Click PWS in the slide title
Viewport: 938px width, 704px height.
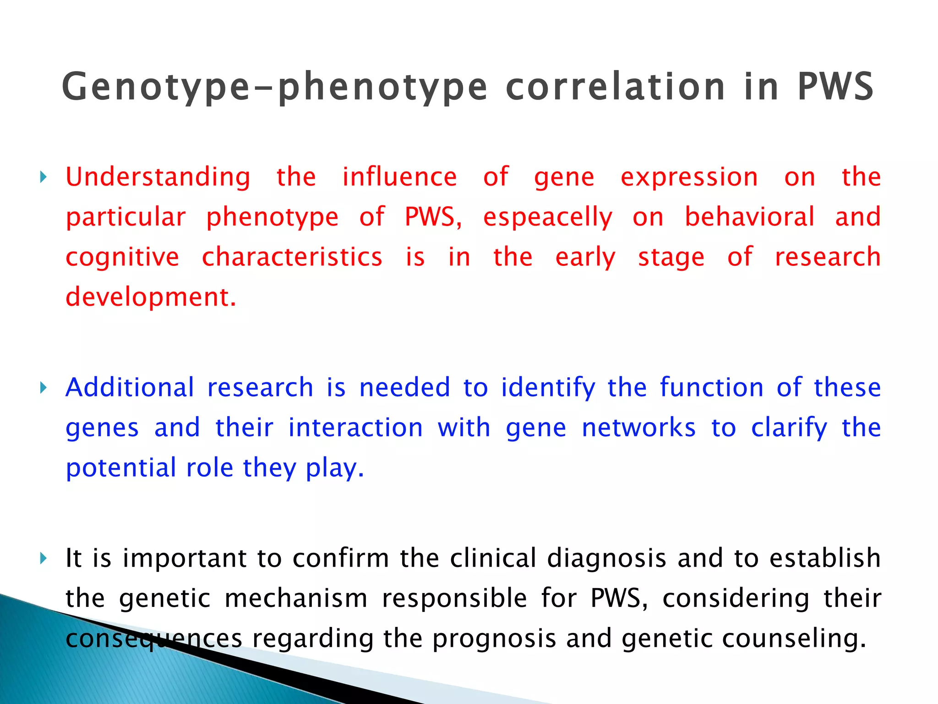(x=835, y=87)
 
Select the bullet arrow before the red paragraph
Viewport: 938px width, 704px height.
(x=43, y=177)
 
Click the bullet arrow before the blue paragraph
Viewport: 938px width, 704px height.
(x=43, y=388)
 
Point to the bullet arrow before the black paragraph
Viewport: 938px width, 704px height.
(x=43, y=558)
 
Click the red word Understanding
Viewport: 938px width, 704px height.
(x=158, y=178)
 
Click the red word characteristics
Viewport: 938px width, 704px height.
(x=292, y=257)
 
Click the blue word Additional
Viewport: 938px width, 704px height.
(x=130, y=388)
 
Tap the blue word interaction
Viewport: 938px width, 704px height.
(x=355, y=428)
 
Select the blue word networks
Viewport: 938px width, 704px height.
(x=638, y=428)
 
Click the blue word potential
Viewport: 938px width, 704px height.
(x=121, y=468)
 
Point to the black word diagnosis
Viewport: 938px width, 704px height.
(x=606, y=559)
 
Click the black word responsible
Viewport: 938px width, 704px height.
(x=454, y=599)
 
